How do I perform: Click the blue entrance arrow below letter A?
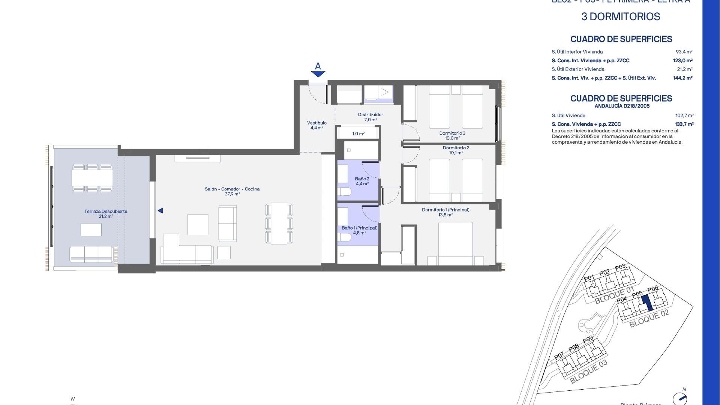(x=318, y=74)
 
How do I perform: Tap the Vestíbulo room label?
(x=317, y=125)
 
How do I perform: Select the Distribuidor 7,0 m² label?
(x=370, y=117)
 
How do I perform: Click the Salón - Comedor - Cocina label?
(x=232, y=191)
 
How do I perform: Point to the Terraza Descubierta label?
(x=106, y=213)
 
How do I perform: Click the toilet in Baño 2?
(x=345, y=192)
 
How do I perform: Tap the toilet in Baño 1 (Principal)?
(x=345, y=237)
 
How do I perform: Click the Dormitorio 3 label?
(x=452, y=135)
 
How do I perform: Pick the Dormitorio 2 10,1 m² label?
(x=456, y=150)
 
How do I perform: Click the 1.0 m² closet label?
(x=358, y=133)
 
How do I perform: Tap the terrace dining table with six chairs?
(x=92, y=178)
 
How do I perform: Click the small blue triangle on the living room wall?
(x=160, y=211)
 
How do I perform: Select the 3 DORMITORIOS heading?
(x=621, y=16)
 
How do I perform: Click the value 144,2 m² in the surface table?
(x=682, y=78)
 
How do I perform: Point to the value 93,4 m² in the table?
(x=684, y=52)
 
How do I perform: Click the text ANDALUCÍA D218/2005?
(x=622, y=106)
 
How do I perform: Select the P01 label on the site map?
(x=589, y=278)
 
